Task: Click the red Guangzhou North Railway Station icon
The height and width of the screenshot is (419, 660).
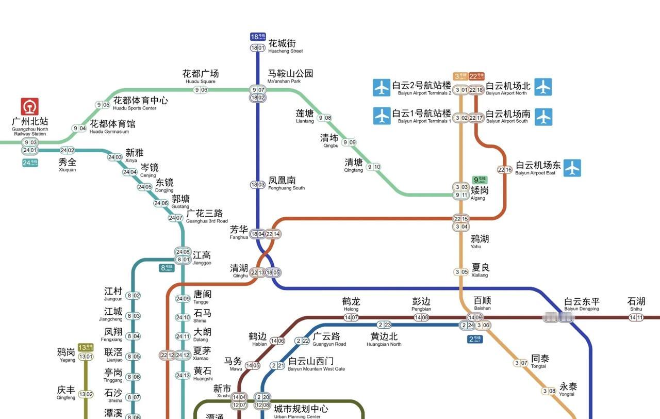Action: (30, 107)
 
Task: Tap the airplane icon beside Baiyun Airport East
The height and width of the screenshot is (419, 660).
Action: (572, 168)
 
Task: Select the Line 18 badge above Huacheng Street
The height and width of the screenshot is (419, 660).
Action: (258, 37)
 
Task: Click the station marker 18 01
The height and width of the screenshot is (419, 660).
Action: (258, 48)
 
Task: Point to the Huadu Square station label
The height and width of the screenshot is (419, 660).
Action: (201, 76)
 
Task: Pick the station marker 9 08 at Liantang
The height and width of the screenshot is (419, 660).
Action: (325, 118)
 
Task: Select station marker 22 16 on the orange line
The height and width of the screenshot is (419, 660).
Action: (505, 170)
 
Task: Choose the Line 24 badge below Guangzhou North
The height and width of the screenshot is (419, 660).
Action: (30, 163)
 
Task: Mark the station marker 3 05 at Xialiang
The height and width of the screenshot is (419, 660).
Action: (461, 272)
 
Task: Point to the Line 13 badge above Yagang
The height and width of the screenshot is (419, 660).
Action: (86, 347)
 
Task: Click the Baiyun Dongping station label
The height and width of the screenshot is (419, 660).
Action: (582, 304)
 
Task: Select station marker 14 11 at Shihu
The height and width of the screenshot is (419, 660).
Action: (636, 317)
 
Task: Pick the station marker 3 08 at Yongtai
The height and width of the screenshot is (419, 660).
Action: (549, 391)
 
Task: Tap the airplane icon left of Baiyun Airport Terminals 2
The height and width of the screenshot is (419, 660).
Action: (382, 87)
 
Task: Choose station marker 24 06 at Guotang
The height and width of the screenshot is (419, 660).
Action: (161, 203)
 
